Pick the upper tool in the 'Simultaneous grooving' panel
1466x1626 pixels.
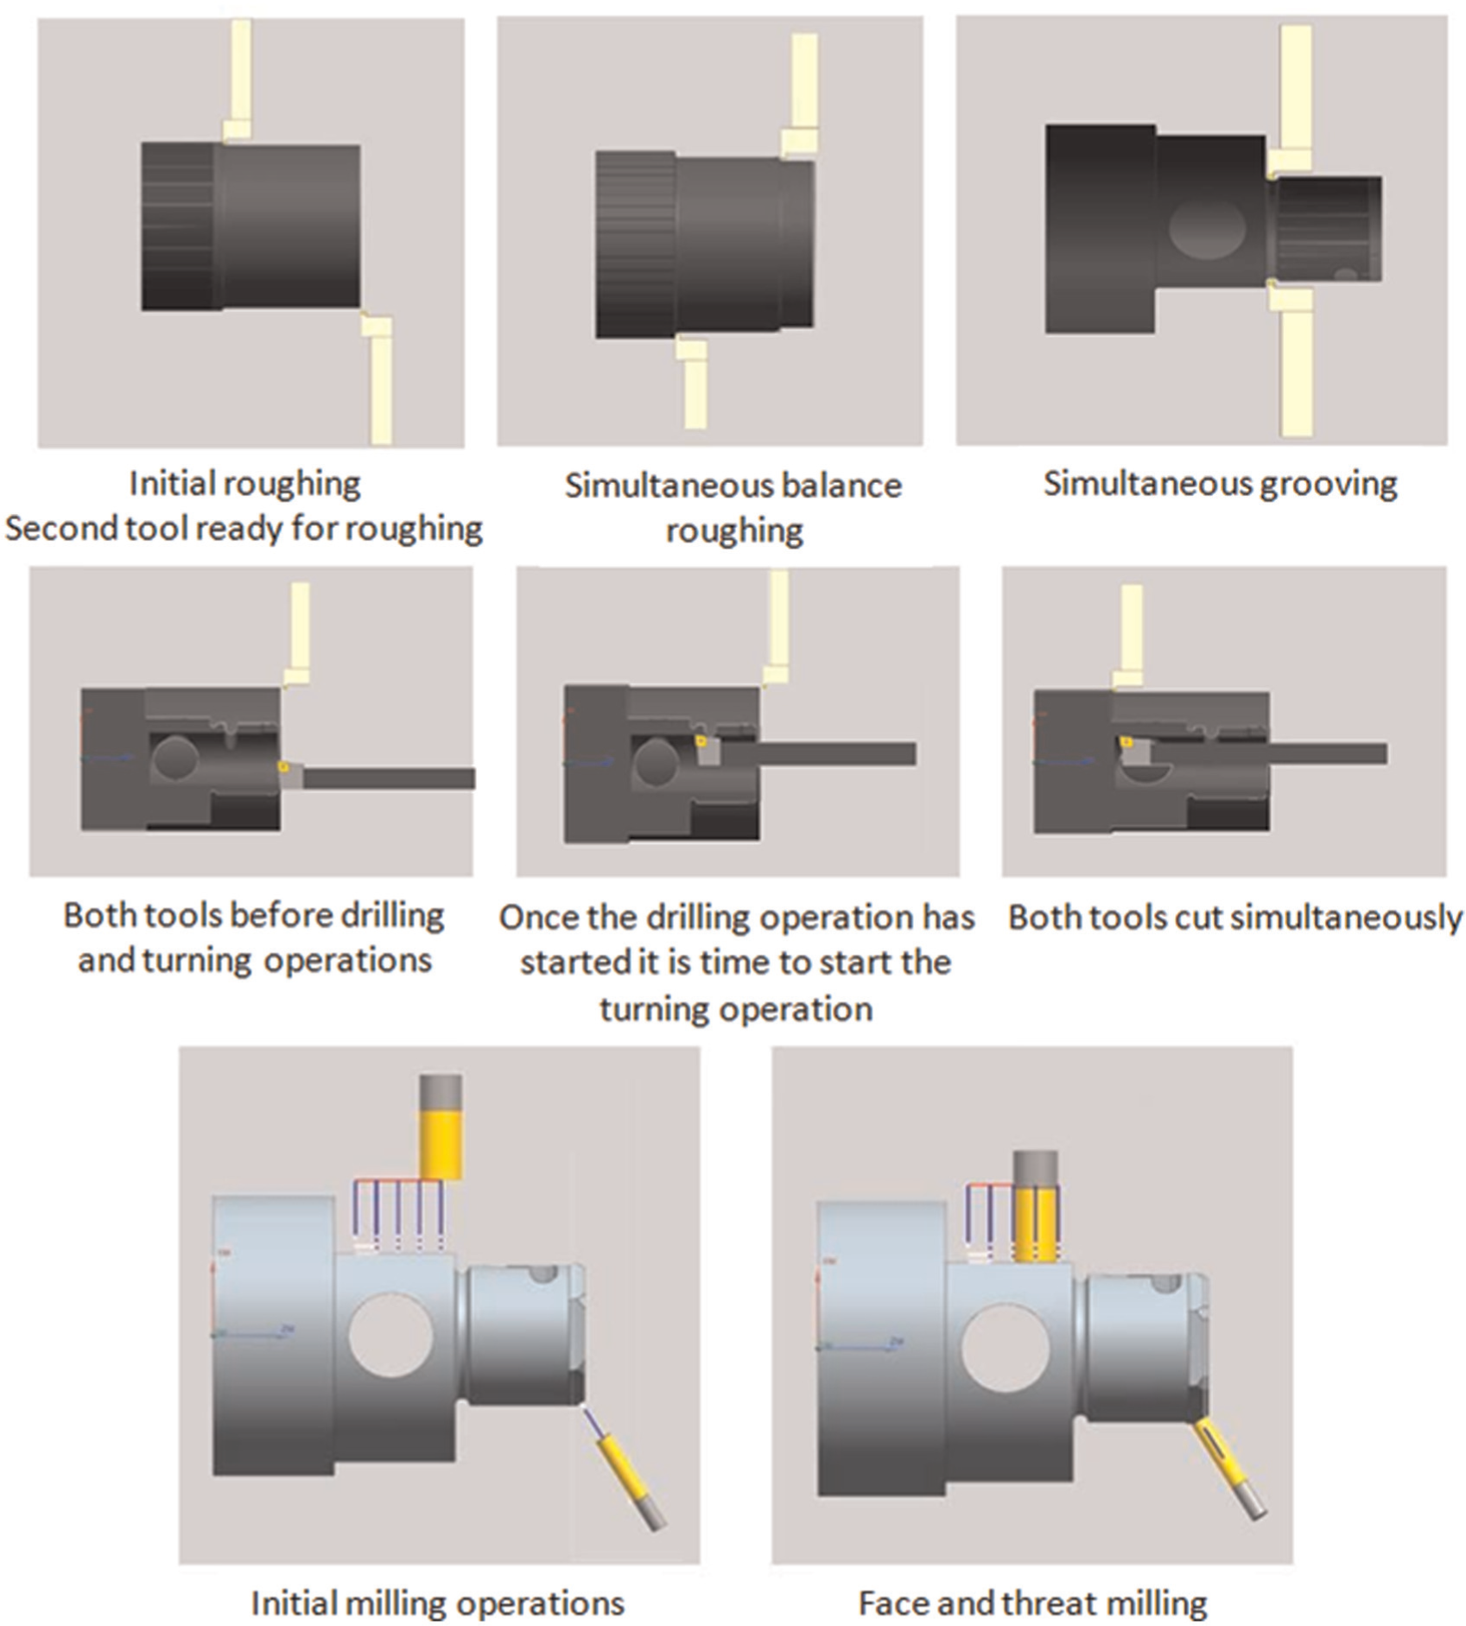[1293, 99]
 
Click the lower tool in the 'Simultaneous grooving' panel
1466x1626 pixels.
[1294, 359]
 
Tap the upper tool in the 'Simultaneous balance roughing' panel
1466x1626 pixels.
[802, 95]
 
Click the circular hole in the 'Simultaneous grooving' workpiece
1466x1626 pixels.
[1207, 229]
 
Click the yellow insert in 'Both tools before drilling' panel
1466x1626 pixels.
[282, 765]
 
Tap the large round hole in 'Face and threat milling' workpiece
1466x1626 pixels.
[1006, 1349]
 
